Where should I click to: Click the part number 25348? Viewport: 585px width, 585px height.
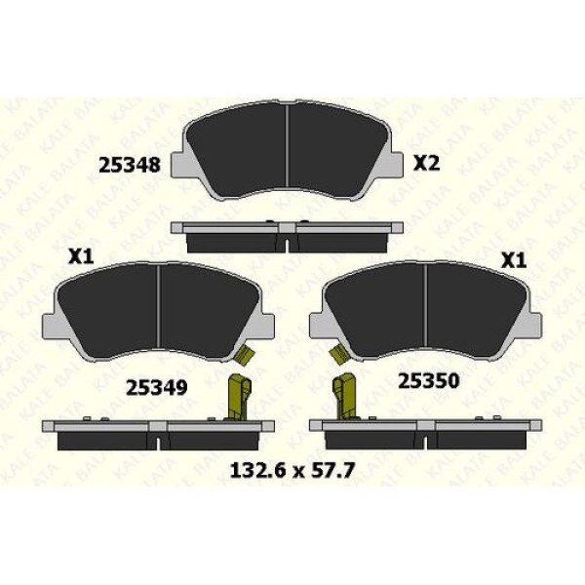pos(130,165)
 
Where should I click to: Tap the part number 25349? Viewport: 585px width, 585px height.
pos(156,388)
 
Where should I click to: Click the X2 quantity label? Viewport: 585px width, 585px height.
pos(426,164)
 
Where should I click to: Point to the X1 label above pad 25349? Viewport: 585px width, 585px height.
pos(81,257)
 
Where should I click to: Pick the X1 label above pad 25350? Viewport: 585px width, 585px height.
pos(514,260)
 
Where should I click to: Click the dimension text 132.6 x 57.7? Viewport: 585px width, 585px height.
pos(292,471)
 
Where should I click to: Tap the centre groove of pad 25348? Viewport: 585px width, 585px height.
pos(287,145)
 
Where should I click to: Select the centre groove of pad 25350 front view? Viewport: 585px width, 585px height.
pos(426,306)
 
